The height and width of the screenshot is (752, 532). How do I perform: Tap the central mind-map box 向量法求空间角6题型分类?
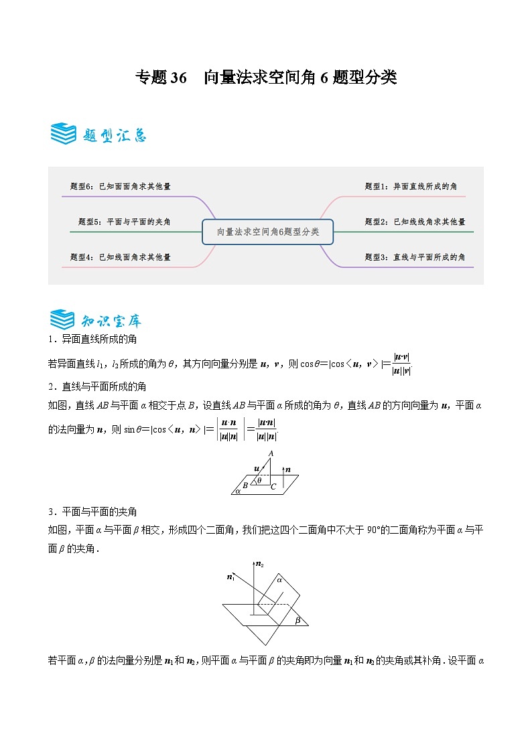[268, 232]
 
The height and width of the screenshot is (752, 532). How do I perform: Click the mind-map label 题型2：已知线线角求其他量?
[415, 222]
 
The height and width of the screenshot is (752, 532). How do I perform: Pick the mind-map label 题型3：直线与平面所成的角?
[415, 256]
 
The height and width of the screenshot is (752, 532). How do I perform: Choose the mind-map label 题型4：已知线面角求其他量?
[120, 256]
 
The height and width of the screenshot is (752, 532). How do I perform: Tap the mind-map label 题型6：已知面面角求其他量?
[120, 186]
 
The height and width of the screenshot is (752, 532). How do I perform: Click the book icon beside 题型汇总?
[63, 134]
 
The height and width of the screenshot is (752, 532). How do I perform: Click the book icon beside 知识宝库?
[63, 319]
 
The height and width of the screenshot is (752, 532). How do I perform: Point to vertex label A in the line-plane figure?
[271, 454]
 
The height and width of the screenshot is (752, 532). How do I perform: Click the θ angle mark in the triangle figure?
[259, 479]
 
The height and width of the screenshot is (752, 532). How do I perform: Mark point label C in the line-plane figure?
[273, 486]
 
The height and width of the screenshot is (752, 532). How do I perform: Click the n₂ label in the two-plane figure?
[260, 565]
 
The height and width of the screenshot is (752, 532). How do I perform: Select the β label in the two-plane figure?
[297, 620]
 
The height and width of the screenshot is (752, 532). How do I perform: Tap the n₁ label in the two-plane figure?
[230, 577]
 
